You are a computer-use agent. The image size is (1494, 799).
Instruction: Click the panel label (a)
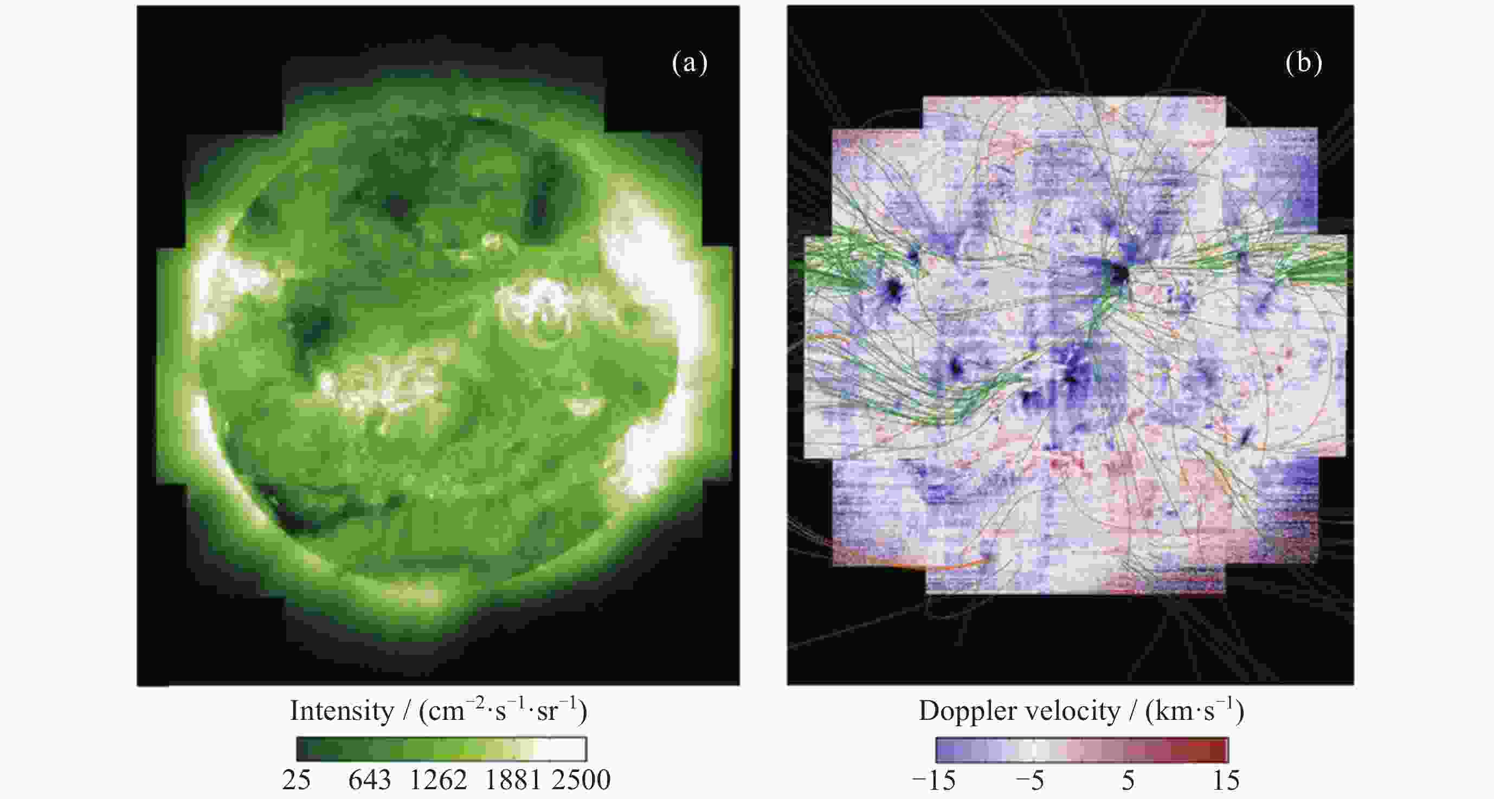point(690,63)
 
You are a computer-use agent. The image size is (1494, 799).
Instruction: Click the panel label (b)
point(1303,63)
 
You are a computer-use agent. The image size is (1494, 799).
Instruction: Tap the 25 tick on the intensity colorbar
point(297,781)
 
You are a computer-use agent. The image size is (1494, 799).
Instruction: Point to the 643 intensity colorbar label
point(370,781)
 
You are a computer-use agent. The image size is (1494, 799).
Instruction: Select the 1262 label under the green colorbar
point(439,781)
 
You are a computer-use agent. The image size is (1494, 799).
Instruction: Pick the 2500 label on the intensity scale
point(581,781)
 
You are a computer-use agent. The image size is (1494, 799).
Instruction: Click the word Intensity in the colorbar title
point(342,711)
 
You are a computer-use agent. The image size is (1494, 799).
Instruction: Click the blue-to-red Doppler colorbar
point(1081,750)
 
